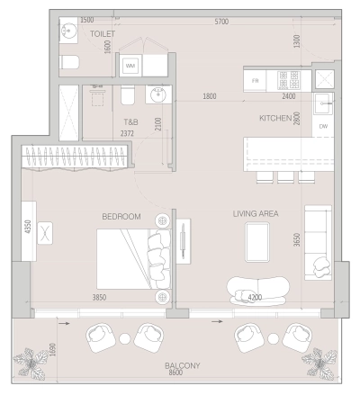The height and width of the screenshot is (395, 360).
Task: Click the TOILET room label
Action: pyautogui.click(x=103, y=32)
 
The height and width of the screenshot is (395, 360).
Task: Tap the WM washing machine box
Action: pyautogui.click(x=130, y=66)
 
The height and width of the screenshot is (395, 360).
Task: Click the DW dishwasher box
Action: pyautogui.click(x=323, y=127)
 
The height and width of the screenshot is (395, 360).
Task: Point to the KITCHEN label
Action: pyautogui.click(x=275, y=118)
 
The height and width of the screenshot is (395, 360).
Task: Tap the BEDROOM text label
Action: pyautogui.click(x=121, y=217)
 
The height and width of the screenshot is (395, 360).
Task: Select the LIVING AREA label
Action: pyautogui.click(x=256, y=213)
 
